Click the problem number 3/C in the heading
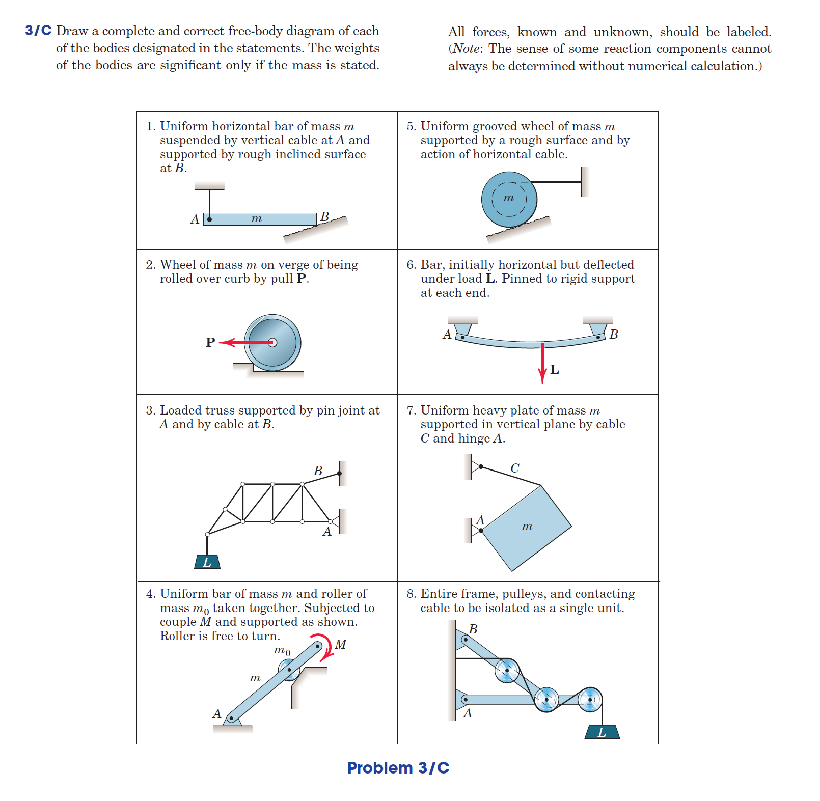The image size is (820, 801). [38, 31]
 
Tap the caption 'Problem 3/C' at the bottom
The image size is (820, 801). [398, 767]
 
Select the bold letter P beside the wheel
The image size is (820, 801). [210, 342]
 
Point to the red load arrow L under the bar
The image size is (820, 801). [542, 363]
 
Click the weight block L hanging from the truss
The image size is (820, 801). [207, 562]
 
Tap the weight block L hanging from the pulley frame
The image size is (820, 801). [602, 732]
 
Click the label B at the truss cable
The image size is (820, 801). [318, 471]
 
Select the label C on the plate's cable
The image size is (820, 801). [515, 468]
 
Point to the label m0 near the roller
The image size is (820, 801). [282, 651]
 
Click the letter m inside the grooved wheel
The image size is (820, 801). [508, 198]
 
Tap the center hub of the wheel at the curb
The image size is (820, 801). [272, 342]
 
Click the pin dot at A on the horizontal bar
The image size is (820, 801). [209, 219]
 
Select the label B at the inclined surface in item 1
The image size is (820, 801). [324, 217]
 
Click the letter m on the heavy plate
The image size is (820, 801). [527, 526]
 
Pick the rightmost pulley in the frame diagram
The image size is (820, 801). [590, 700]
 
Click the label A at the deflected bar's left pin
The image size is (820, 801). [447, 335]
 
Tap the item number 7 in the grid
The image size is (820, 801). [411, 410]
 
